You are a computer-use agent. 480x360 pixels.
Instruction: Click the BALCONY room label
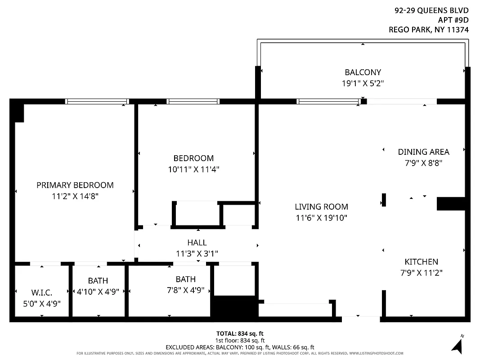363,72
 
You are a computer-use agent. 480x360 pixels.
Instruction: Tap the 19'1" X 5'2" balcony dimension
363,83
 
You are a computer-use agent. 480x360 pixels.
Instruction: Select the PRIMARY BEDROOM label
75,185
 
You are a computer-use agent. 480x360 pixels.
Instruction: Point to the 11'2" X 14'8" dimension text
75,196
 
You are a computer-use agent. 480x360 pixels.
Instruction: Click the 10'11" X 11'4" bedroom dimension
193,170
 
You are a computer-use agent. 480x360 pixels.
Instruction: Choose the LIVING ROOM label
321,207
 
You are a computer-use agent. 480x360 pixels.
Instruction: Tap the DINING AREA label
423,152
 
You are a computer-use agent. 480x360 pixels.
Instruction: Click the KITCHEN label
421,261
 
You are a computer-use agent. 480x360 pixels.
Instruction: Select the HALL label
197,243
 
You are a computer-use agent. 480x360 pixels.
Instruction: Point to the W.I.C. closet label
42,292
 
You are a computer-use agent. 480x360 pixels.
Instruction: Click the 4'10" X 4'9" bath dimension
98,291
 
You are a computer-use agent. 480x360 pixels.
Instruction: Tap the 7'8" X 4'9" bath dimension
185,290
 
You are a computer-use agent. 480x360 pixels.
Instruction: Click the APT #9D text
453,20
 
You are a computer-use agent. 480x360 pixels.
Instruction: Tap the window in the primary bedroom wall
97,102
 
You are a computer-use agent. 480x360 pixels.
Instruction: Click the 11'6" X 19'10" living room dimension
321,218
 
